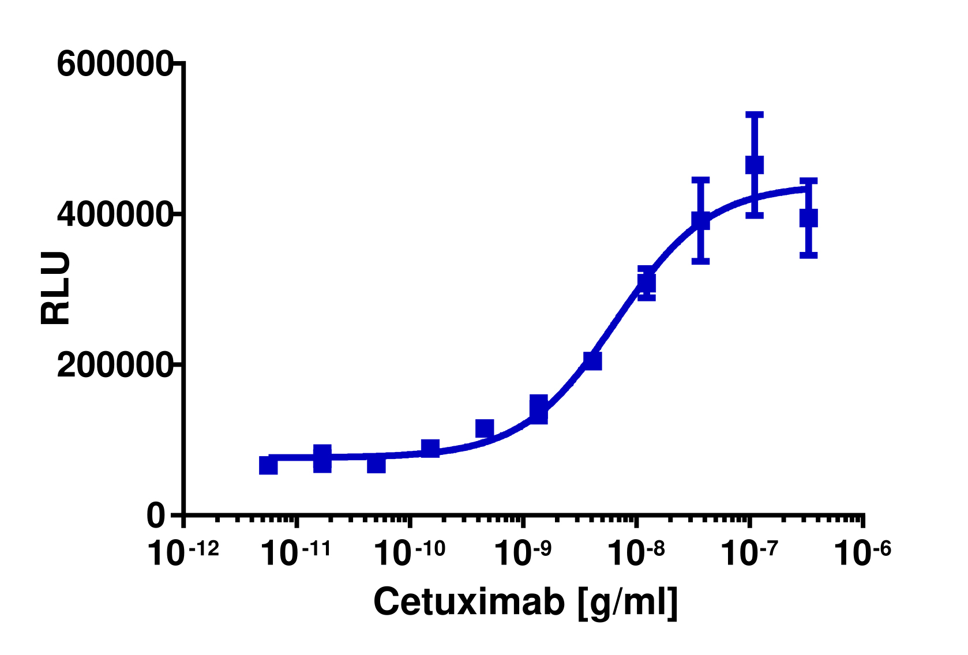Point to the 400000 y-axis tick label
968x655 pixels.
(x=114, y=214)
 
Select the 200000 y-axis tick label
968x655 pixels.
(x=114, y=366)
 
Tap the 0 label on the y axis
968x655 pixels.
(x=156, y=516)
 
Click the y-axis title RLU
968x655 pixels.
(x=55, y=288)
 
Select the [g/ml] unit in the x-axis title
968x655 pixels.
(x=627, y=603)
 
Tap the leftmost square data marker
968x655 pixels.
(x=268, y=465)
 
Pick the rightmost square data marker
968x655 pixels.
(x=809, y=218)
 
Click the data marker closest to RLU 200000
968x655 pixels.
(x=592, y=360)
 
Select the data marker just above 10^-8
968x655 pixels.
(x=647, y=283)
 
